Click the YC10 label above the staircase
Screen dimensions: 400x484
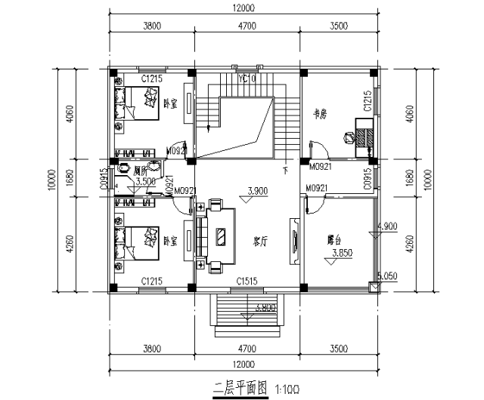coord(247,78)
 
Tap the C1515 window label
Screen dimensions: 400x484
coord(247,281)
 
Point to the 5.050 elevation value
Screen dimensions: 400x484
coord(387,276)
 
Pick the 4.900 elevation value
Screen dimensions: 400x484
coord(386,226)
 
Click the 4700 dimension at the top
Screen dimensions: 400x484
coord(247,26)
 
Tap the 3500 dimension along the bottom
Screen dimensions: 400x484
coord(338,349)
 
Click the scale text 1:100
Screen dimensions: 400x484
coord(287,390)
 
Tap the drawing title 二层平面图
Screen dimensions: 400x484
coord(240,389)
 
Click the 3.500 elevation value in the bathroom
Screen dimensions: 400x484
coord(145,181)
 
